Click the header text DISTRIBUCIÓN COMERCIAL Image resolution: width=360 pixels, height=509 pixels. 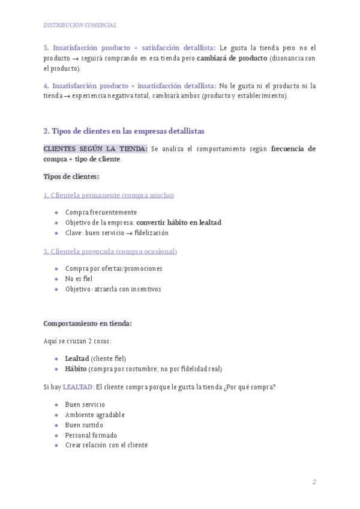pos(80,25)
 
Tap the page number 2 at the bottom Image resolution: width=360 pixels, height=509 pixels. pos(314,482)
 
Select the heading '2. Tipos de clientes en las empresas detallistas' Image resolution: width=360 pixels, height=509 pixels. pos(124,130)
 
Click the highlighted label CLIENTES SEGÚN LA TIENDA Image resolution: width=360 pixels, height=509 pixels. pos(95,148)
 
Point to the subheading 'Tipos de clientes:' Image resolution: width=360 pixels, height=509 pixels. pos(71,176)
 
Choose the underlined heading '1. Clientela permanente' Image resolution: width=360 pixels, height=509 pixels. pos(109,195)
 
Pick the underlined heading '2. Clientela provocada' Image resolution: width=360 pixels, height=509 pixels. pos(110,251)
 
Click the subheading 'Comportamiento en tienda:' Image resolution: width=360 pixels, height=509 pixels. pos(88,324)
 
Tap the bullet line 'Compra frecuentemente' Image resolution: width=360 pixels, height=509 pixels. pos(101,212)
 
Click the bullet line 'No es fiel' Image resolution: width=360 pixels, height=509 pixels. pos(79,279)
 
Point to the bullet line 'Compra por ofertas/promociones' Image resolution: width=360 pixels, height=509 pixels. pos(113,268)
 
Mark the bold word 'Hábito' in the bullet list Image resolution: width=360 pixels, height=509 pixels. pos(76,369)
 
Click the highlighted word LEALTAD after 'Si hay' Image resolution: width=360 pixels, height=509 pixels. pos(78,387)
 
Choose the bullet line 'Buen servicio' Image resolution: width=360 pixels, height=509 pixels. pos(85,405)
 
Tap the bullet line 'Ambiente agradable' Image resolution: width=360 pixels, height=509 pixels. pos(95,415)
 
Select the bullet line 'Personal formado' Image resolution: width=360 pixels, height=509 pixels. pos(91,435)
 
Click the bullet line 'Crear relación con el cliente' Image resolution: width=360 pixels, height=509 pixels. pos(106,445)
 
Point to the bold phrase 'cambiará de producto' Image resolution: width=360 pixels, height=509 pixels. pos(232,58)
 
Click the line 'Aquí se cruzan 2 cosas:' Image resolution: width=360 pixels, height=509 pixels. pos(77,341)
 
